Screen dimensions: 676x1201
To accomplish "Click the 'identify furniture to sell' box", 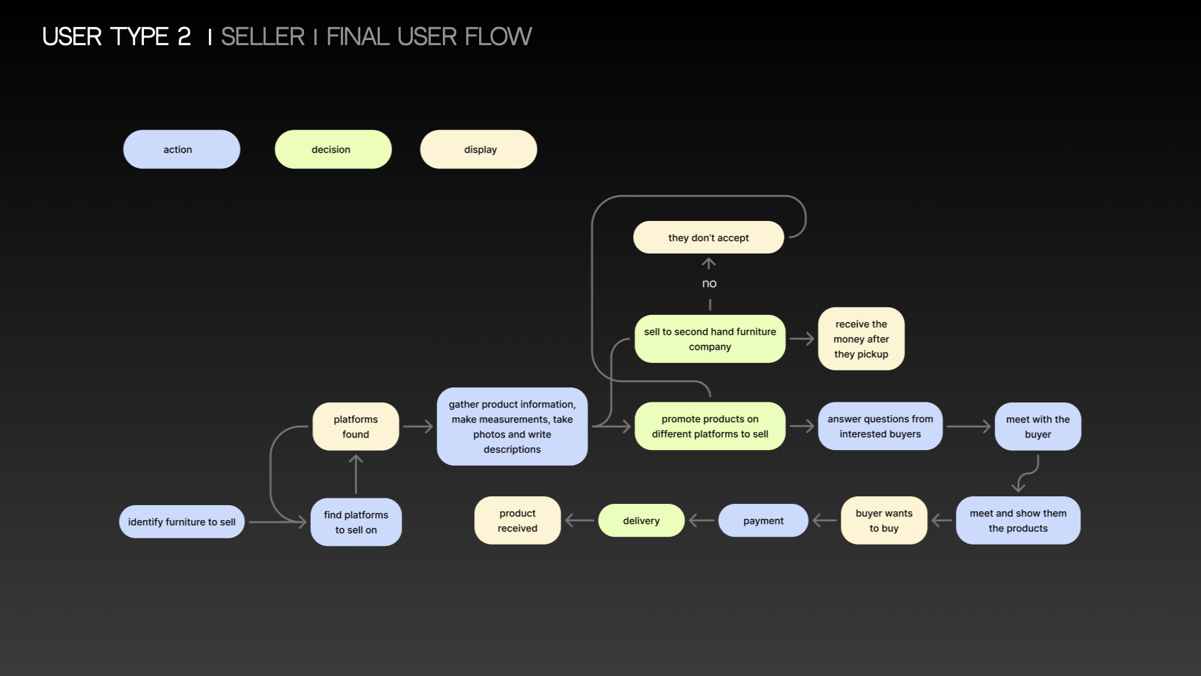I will click(181, 521).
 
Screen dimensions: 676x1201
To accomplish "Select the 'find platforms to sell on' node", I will click(356, 522).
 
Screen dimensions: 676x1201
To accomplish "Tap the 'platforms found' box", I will click(355, 426).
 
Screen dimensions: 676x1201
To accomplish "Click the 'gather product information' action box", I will click(512, 426).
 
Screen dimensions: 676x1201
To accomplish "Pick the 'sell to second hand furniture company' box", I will click(709, 339).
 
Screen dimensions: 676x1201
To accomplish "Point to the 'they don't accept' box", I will click(708, 237).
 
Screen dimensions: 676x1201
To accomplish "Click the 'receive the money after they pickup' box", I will click(861, 339).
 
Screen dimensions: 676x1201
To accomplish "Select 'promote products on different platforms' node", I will click(709, 426).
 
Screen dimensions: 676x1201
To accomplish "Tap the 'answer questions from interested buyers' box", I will click(879, 426).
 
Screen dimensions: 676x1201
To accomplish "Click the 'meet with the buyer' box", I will click(1038, 426).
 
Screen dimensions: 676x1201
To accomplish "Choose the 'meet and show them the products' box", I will click(1018, 520).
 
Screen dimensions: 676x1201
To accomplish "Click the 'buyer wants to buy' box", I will click(884, 520).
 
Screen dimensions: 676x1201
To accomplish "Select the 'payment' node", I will click(763, 520).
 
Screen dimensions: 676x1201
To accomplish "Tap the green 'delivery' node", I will click(641, 520).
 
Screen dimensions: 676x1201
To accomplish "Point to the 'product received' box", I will click(517, 520).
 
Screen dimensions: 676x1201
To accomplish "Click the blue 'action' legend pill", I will click(181, 149).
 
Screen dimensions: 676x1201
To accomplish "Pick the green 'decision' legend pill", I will click(333, 149).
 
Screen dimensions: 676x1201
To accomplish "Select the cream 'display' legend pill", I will click(479, 149).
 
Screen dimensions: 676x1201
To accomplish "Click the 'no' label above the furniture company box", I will click(709, 284).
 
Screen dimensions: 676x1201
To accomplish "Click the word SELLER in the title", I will click(263, 36).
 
